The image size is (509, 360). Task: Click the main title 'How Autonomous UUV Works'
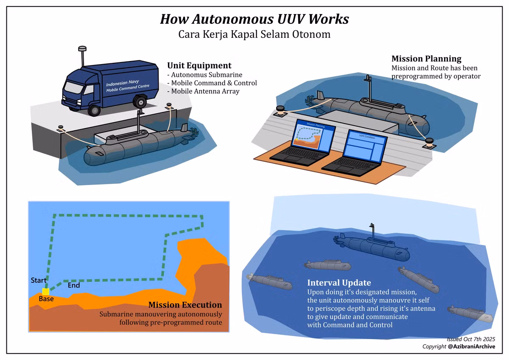click(x=254, y=19)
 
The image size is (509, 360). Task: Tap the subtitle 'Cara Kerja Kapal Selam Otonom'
click(x=254, y=34)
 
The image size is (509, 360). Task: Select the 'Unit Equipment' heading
click(x=199, y=65)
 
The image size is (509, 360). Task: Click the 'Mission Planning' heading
click(x=426, y=59)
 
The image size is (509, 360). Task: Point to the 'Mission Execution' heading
click(x=185, y=305)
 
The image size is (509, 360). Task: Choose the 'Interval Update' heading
click(x=339, y=283)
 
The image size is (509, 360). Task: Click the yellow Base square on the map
click(x=45, y=291)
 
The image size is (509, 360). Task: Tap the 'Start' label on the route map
click(x=39, y=281)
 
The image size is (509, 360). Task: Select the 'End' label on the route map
click(x=74, y=286)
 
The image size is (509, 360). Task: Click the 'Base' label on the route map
click(x=46, y=299)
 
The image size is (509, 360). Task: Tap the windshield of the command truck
click(x=73, y=88)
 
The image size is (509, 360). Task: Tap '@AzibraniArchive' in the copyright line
click(x=471, y=347)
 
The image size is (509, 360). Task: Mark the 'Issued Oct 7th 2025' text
click(x=471, y=339)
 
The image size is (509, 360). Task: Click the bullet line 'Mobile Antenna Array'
click(x=204, y=91)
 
